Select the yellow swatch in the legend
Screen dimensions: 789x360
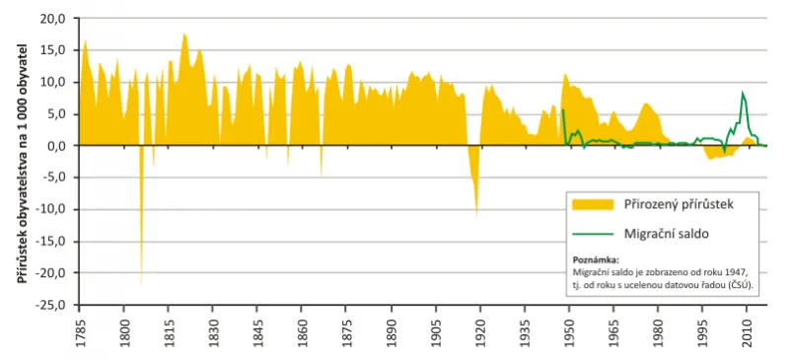pos(594,204)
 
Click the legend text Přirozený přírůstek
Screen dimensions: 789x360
pos(675,204)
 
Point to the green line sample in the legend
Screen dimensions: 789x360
pos(594,234)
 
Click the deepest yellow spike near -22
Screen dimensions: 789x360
pos(141,286)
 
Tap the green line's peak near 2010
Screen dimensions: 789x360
pos(742,92)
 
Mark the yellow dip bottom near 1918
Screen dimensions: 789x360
pos(476,215)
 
